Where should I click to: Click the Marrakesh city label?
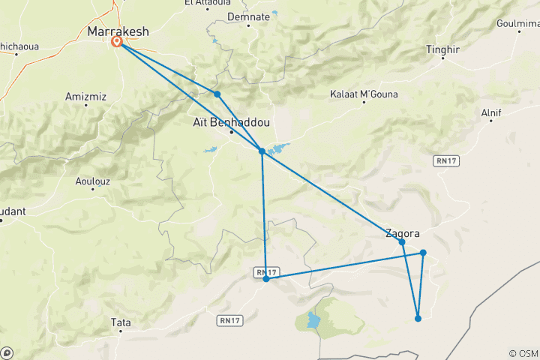click(x=118, y=31)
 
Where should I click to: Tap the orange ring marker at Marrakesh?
click(x=118, y=42)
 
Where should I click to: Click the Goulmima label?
click(x=517, y=25)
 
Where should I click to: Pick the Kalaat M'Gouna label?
click(x=364, y=94)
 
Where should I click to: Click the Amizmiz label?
click(x=87, y=95)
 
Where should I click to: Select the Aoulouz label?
click(x=93, y=180)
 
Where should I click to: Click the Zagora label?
click(x=402, y=232)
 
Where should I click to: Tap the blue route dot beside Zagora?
click(x=402, y=242)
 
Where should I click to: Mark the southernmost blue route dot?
click(x=418, y=318)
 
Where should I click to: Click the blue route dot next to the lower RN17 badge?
click(x=266, y=279)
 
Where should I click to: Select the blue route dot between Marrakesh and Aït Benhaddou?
click(x=217, y=94)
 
